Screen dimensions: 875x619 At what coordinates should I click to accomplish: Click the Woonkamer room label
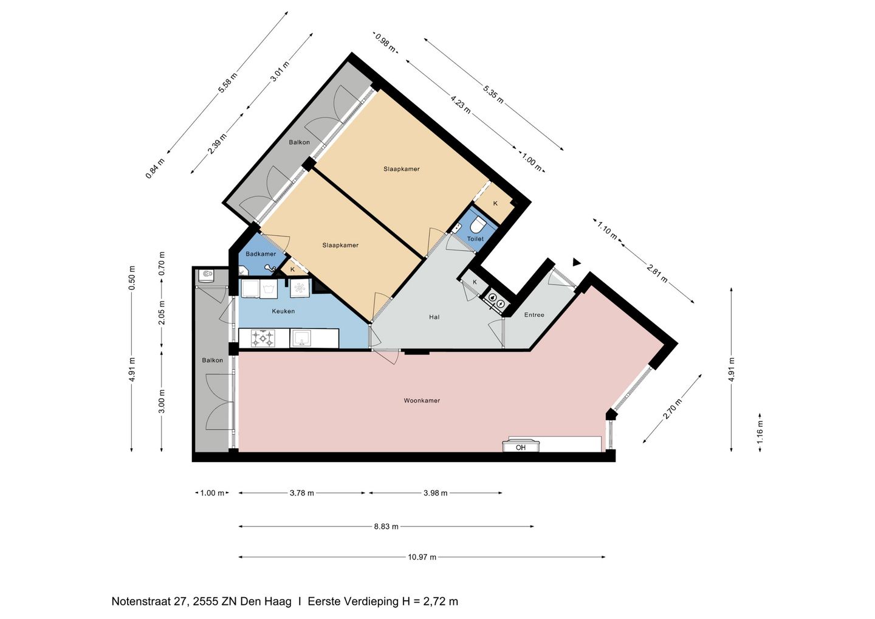422,401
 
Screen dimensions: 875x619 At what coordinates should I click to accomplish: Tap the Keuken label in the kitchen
283,311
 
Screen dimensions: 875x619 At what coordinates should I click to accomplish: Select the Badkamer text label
261,254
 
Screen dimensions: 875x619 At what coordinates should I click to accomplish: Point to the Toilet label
475,239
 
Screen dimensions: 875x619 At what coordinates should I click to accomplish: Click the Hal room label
434,317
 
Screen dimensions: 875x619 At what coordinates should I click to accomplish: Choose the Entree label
534,314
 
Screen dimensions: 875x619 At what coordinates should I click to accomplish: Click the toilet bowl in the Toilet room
478,225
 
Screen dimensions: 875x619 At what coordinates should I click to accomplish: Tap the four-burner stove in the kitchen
263,338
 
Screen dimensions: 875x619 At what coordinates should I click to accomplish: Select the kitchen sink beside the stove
301,338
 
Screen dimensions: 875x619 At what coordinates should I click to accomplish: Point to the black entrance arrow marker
576,263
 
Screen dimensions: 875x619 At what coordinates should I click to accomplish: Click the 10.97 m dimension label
422,557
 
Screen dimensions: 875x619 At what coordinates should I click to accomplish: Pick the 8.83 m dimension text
386,527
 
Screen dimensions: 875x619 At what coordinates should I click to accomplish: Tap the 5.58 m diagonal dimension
228,83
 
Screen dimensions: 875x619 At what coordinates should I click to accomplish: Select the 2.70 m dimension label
673,409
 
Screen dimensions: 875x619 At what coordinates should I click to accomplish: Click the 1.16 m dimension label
760,432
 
